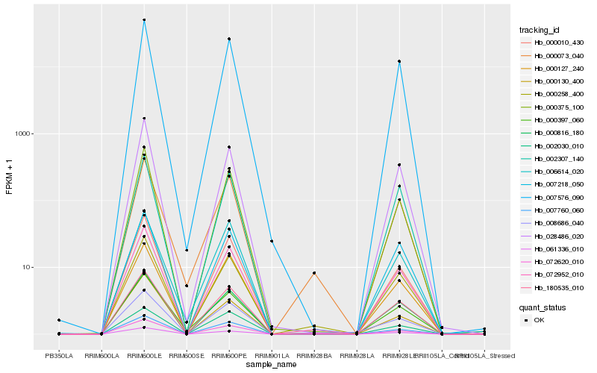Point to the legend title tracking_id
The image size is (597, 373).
tap(540, 30)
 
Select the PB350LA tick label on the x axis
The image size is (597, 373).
tap(59, 355)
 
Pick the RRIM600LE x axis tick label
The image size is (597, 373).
tap(144, 355)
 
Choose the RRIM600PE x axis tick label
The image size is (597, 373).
tap(229, 355)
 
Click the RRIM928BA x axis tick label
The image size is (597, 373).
tap(314, 355)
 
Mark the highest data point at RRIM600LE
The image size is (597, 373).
tap(144, 20)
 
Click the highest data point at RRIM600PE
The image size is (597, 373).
tap(229, 39)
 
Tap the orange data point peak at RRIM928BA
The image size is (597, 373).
tap(314, 273)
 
